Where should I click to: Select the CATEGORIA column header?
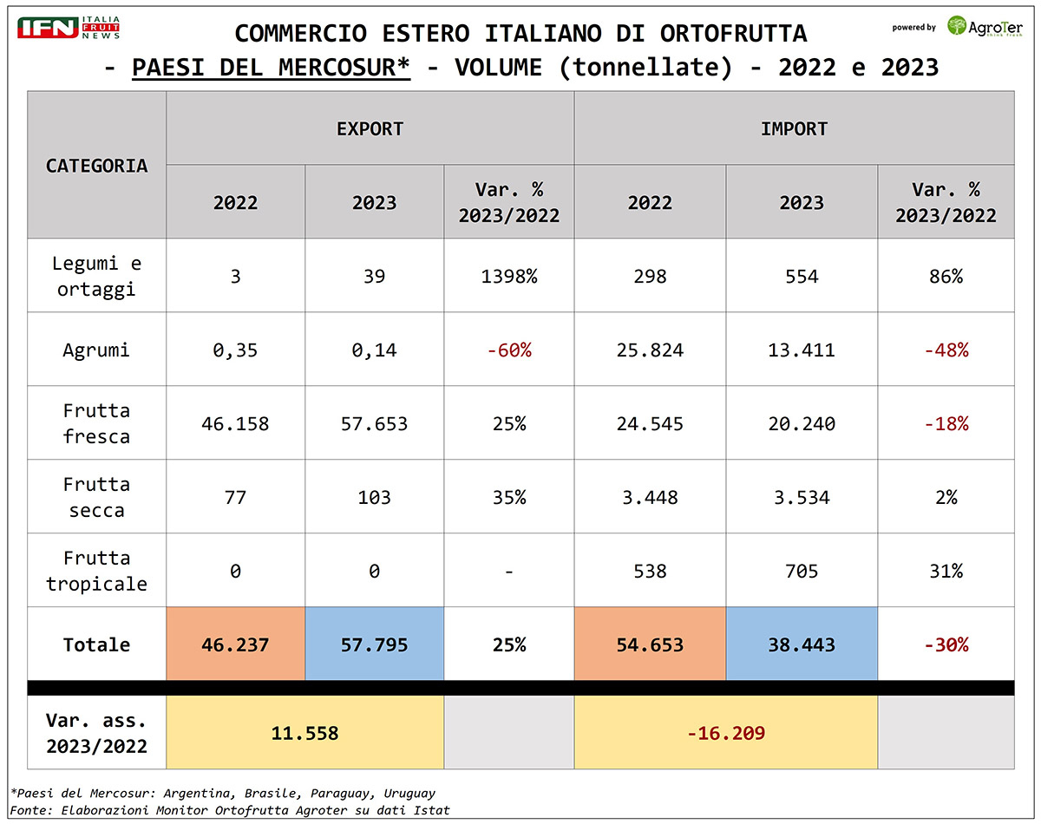(96, 165)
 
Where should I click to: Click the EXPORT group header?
(370, 128)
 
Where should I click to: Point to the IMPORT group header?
(794, 128)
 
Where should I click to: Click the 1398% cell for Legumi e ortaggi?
(508, 277)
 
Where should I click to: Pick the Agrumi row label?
(96, 350)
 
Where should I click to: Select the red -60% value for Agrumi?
(508, 350)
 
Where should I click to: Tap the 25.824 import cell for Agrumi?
(650, 350)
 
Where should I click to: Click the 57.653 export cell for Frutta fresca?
(374, 424)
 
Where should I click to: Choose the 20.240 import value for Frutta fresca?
(802, 424)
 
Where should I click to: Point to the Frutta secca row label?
(96, 497)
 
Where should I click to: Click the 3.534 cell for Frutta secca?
(802, 498)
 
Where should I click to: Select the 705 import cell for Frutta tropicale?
(802, 572)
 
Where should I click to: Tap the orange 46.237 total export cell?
(235, 645)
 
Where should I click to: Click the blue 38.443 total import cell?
(802, 645)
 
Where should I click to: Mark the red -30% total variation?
(946, 645)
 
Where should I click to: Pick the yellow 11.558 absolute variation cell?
(304, 733)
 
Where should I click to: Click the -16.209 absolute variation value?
(725, 733)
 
